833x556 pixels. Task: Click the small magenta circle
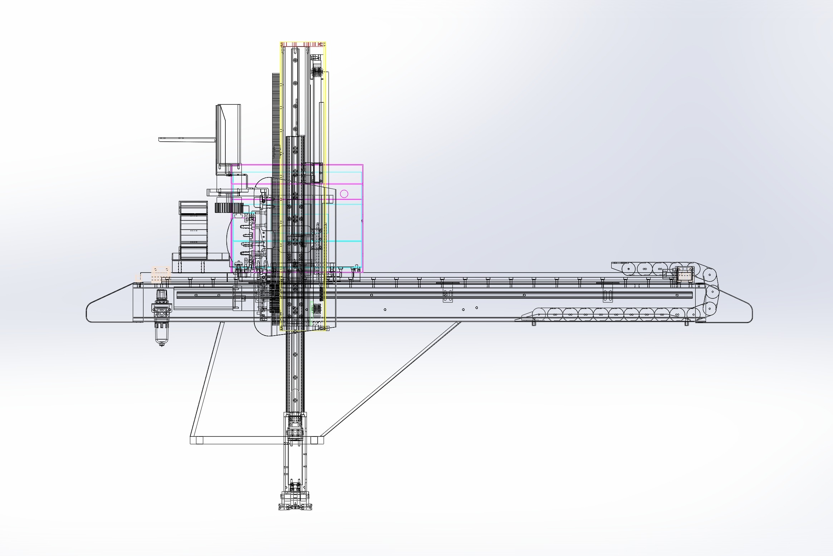(344, 194)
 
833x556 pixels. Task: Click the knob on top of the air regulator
(161, 295)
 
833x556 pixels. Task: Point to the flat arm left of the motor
(186, 139)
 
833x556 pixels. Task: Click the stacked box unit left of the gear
(193, 229)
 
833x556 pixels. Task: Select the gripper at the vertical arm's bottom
(295, 501)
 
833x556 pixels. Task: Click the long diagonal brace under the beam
(390, 379)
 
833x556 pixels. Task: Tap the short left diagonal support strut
(207, 379)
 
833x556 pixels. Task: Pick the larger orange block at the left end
(160, 274)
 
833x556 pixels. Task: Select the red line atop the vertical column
(303, 44)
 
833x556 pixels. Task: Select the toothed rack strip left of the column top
(276, 114)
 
